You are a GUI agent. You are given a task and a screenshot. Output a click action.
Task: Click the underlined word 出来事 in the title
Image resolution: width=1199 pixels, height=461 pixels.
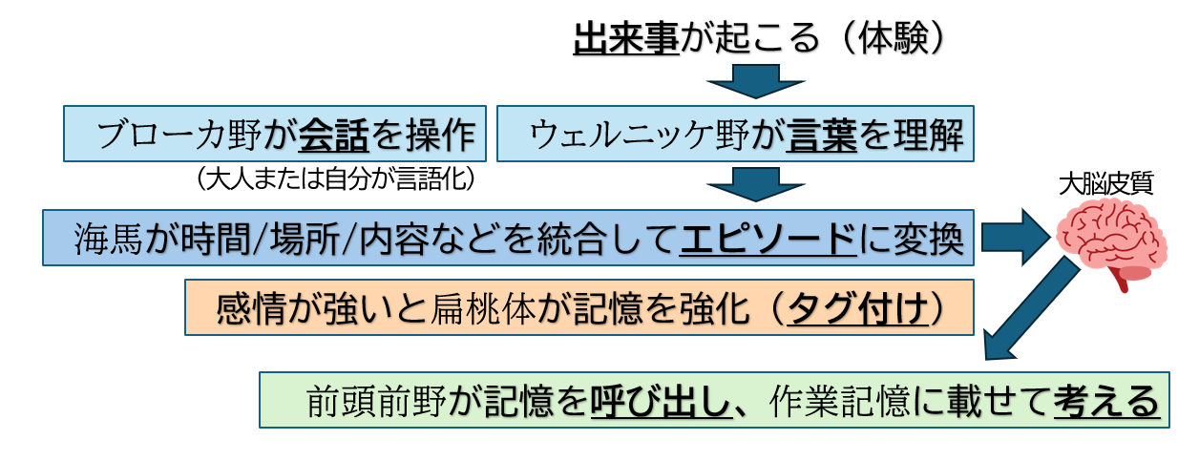[x=625, y=37]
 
